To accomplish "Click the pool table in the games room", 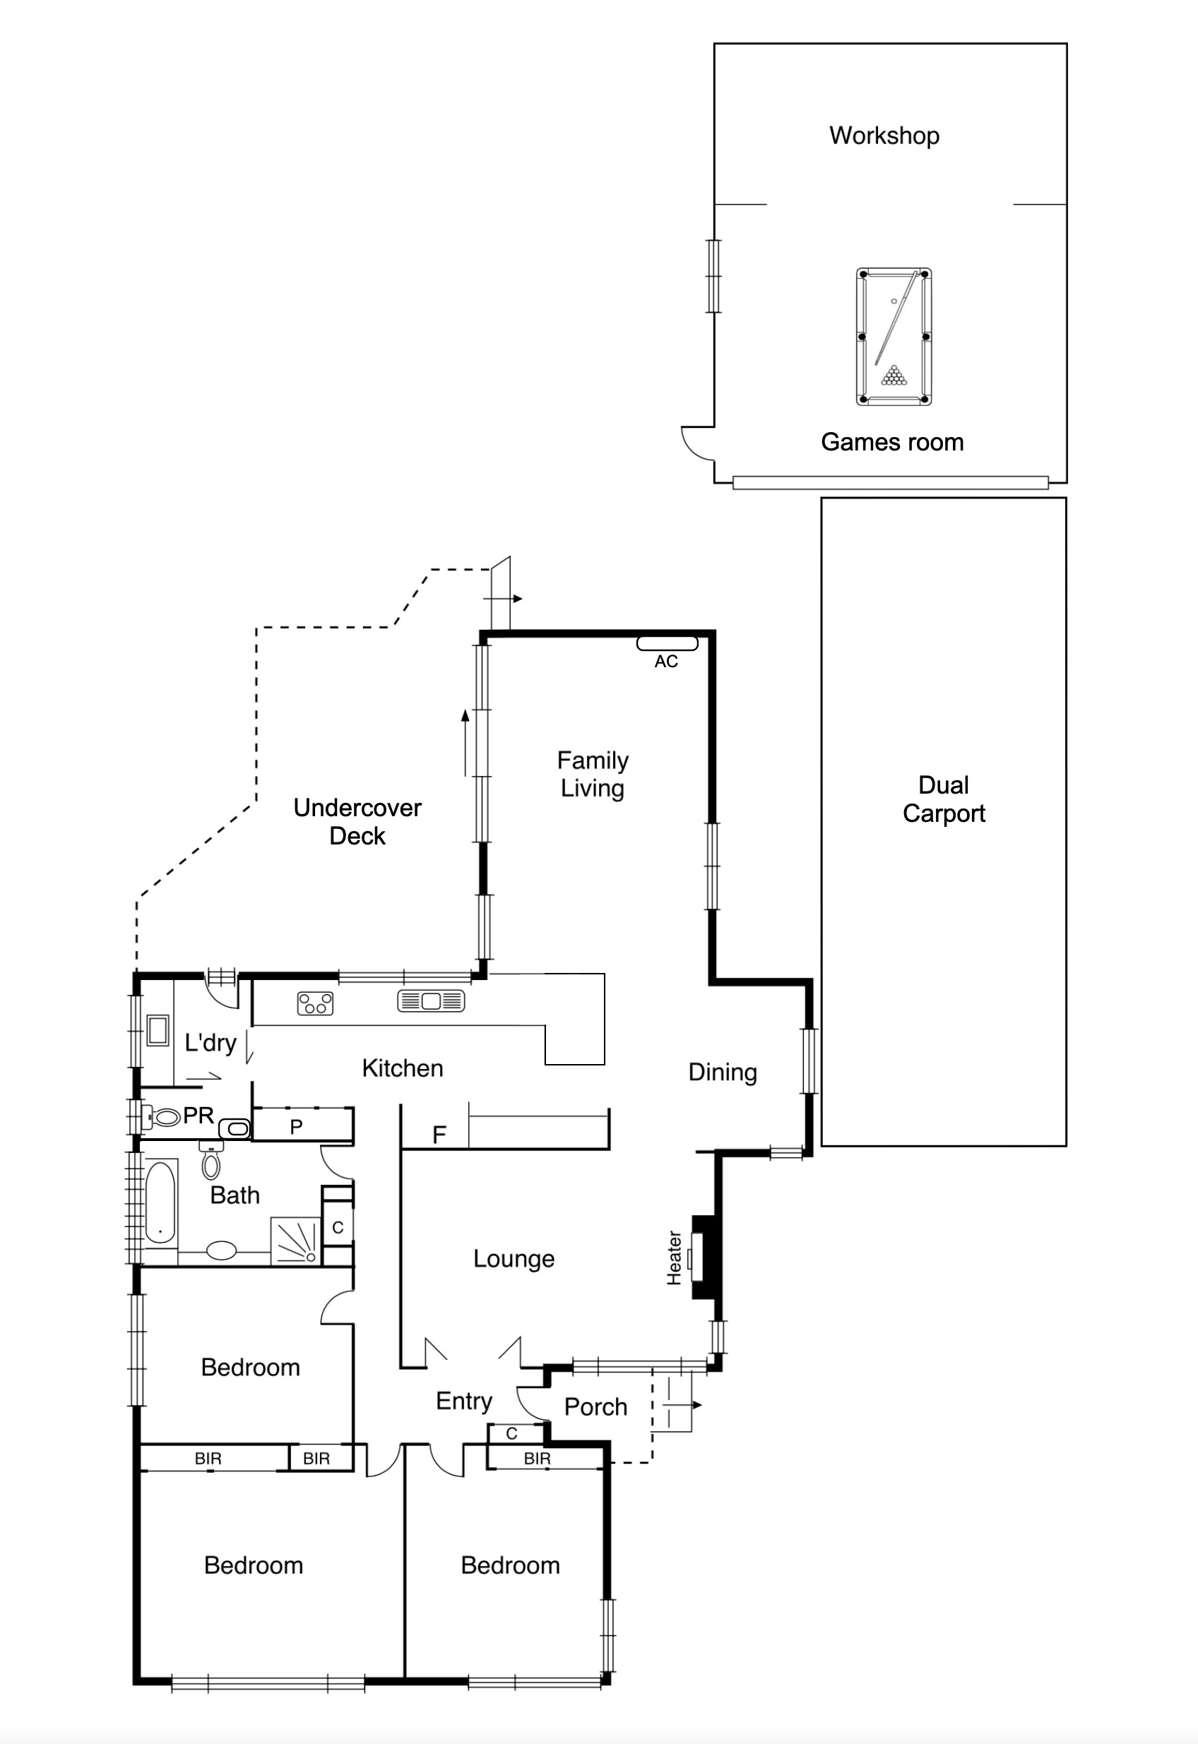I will pos(894,336).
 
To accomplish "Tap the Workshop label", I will pos(884,136).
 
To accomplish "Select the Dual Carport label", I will pos(944,799).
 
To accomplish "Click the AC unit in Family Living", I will pos(668,643).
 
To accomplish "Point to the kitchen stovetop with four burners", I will pos(315,1003).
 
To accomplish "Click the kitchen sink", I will pos(431,1001).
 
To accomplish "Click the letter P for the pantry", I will pos(297,1127).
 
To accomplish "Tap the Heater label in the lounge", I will pos(674,1258).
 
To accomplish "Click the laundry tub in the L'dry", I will pos(158,1030).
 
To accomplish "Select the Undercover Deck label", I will pos(357,822).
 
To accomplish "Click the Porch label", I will pos(595,1406).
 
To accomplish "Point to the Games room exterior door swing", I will pos(696,444).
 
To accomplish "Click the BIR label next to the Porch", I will pos(537,1458).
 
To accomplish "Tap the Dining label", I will pos(722,1073).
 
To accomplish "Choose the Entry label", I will pos(464,1401).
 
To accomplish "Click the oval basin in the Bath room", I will pos(221,1250).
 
